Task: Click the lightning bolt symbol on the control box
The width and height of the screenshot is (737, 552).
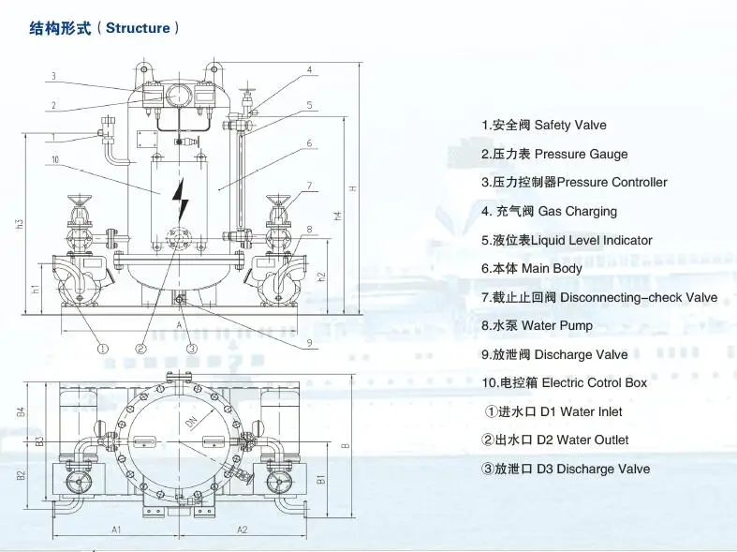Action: (x=181, y=199)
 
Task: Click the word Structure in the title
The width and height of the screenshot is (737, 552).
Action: (x=138, y=28)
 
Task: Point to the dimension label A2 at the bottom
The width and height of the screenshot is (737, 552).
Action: (x=242, y=530)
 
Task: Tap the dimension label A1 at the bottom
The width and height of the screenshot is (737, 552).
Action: (x=116, y=530)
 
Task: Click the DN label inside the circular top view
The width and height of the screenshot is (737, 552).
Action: (x=192, y=424)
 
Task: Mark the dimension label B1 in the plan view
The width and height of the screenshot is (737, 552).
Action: (x=320, y=479)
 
